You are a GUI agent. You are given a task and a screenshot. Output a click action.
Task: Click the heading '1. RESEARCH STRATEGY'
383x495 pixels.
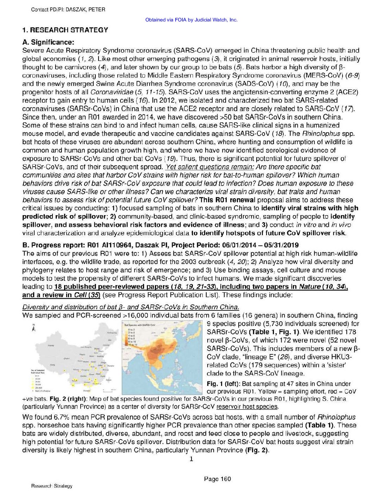point(65,30)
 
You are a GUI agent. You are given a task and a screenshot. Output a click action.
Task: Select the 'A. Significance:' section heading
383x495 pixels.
point(48,43)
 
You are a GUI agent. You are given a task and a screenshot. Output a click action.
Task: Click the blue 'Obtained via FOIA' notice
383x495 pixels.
point(191,20)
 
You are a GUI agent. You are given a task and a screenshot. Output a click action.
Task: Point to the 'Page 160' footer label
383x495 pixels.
point(217,479)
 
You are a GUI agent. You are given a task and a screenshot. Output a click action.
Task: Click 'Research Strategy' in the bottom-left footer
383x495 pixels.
point(51,486)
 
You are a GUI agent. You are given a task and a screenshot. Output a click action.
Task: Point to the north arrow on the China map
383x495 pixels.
point(33,328)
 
